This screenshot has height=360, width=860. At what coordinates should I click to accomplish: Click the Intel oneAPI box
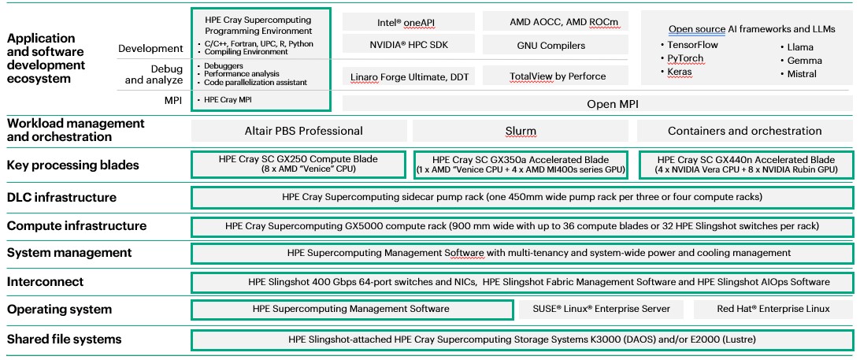[407, 22]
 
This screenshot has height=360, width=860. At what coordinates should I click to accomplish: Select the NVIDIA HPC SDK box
[407, 45]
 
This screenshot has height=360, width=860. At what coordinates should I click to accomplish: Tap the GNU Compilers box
[550, 45]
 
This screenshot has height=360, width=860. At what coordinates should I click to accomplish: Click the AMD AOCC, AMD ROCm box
[550, 22]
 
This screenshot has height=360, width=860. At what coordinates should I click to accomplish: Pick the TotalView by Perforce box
[550, 76]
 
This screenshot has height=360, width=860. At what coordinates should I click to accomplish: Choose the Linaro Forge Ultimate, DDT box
[407, 76]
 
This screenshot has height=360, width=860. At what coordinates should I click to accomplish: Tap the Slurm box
[520, 131]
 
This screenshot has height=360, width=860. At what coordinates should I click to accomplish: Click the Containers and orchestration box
[744, 131]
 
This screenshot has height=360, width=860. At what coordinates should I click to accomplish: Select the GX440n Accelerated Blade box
[745, 164]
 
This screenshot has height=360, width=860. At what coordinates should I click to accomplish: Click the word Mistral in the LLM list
[801, 73]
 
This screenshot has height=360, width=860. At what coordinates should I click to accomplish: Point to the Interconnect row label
[46, 281]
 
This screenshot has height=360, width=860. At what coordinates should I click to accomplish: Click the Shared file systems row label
[65, 340]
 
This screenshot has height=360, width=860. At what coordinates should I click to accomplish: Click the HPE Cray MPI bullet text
[229, 101]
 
